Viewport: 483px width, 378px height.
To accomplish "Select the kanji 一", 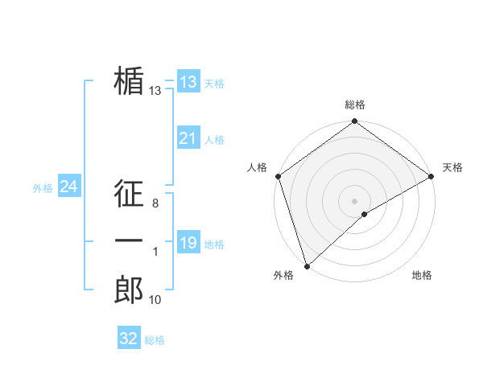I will point(129,241).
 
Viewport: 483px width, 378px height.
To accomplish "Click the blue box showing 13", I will point(188,82).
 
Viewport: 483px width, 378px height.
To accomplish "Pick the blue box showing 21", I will point(188,138).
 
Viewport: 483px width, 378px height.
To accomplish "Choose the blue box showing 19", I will point(188,243).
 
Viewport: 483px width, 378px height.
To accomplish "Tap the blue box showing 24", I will point(69,187).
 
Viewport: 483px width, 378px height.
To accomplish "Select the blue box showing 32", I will point(129,339).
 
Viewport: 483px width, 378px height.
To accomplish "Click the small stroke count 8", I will point(155,204).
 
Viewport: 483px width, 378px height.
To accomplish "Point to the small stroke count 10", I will point(155,300).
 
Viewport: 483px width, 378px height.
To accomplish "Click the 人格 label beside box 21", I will point(214,140).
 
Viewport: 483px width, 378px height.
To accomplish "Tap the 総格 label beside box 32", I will point(155,340).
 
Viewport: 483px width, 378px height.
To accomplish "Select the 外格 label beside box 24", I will point(43,188).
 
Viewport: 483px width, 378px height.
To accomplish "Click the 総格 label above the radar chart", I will point(354,105).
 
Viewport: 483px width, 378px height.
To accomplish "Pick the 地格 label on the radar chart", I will point(422,275).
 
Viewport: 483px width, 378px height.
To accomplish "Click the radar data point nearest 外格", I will point(307,265).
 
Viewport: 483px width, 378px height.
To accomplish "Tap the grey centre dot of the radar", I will point(354,200).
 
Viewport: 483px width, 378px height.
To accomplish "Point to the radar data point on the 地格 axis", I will point(365,214).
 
